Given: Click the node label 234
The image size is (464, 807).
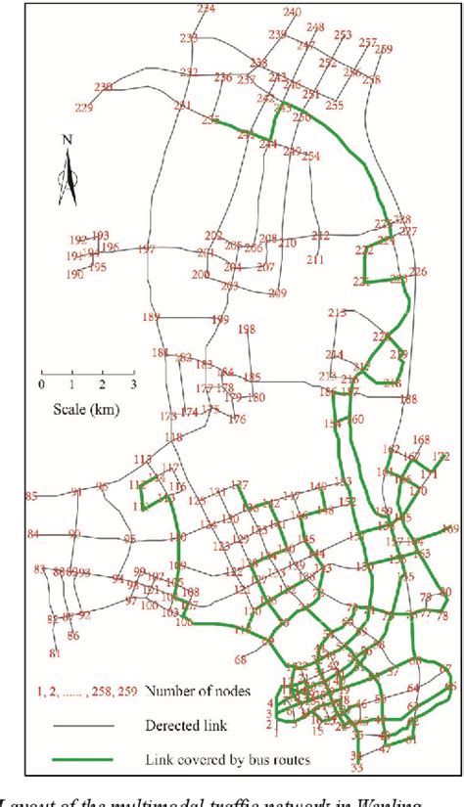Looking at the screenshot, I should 207,9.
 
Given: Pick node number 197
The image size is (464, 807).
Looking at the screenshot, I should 147,249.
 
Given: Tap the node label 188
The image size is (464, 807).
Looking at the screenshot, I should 408,398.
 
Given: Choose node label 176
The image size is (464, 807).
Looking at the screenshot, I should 237,420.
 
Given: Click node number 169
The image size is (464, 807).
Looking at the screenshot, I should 449,529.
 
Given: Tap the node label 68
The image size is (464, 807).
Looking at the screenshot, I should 241,660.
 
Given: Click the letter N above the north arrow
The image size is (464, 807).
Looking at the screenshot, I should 67,139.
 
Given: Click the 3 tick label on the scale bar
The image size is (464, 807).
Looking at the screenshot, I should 133,383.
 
